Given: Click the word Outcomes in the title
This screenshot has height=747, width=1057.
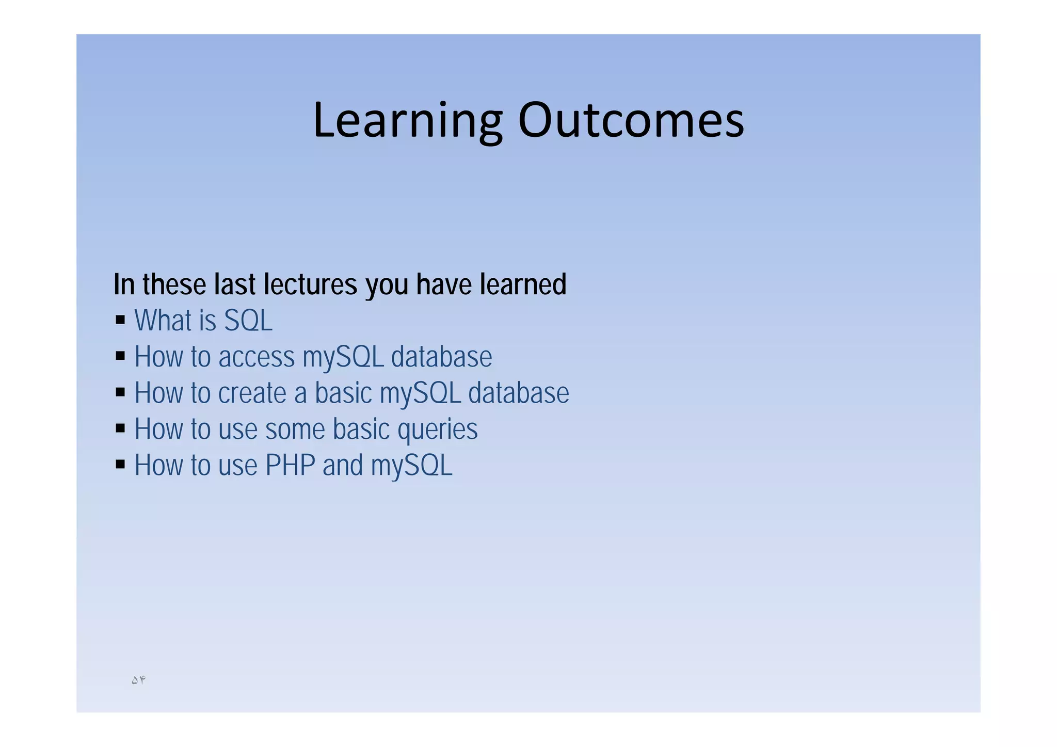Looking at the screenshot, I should (x=631, y=121).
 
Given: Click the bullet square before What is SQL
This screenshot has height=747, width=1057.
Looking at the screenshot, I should (x=120, y=320).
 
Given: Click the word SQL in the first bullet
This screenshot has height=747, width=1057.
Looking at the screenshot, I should (x=248, y=321).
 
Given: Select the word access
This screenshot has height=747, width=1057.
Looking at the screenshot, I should (x=256, y=357).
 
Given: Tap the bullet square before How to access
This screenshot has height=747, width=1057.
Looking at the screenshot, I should (x=120, y=356).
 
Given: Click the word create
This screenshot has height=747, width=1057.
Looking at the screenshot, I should (x=252, y=393).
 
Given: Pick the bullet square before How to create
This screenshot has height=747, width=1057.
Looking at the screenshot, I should (x=120, y=392).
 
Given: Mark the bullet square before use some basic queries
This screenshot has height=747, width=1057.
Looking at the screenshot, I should (x=120, y=428).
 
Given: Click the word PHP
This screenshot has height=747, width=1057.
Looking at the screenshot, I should (x=290, y=466).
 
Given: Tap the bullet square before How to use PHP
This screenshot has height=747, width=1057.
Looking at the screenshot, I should (x=120, y=465).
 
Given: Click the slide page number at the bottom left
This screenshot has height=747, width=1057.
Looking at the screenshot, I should (x=138, y=680).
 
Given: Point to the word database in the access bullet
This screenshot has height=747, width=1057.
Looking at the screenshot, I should (x=441, y=357).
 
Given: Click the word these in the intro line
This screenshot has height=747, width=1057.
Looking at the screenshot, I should (x=173, y=284).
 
